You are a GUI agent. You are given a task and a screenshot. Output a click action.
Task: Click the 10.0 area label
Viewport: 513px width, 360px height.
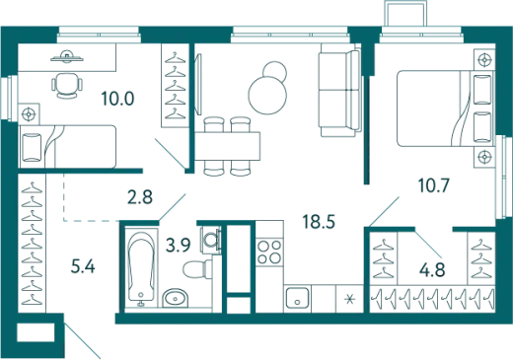click(117, 99)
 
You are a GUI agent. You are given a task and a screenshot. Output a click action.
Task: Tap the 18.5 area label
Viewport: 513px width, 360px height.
click(319, 222)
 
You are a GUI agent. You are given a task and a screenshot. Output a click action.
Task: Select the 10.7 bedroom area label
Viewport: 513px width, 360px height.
click(433, 185)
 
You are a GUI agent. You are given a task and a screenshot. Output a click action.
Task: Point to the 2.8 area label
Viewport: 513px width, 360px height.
click(140, 197)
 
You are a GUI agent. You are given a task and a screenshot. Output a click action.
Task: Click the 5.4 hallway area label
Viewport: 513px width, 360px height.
click(83, 266)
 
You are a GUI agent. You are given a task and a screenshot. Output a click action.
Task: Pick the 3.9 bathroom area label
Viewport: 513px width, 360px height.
click(179, 245)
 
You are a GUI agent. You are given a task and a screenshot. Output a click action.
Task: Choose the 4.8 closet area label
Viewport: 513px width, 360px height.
click(432, 270)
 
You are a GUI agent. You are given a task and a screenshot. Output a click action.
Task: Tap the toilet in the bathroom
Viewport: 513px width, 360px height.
click(197, 269)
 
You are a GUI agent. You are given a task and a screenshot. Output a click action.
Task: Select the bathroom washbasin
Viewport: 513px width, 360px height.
click(176, 298)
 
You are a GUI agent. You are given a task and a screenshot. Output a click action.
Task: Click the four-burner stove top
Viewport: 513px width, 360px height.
click(269, 252)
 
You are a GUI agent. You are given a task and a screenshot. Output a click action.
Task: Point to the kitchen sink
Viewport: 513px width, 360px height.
click(297, 298)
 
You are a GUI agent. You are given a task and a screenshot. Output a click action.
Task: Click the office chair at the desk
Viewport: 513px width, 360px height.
click(67, 86)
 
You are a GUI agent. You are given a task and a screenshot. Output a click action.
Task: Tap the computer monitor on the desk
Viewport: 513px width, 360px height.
click(67, 57)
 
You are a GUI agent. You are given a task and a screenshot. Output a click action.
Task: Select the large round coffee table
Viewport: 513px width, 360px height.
click(267, 96)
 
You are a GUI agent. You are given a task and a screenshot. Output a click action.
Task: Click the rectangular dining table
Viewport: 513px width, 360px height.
click(228, 146)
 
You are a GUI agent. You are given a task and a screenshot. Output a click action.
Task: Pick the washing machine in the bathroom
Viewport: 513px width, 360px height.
click(210, 240)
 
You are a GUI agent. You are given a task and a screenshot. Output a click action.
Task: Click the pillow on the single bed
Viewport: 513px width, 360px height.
click(32, 147)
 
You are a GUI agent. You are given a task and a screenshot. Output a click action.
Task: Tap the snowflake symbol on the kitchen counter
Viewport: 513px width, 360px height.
click(350, 299)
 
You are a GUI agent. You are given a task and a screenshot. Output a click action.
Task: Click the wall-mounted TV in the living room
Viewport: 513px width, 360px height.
click(198, 84)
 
